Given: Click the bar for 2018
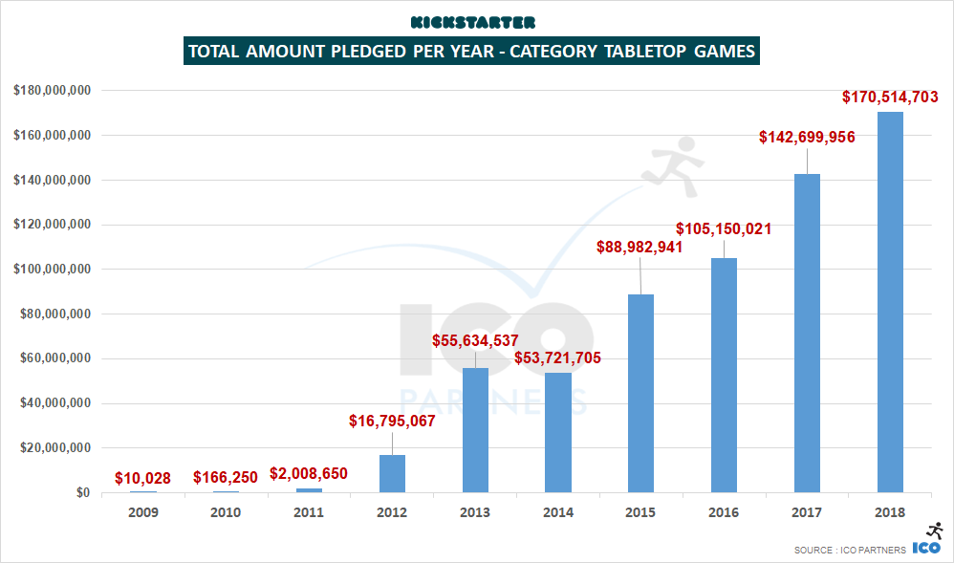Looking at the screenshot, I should tap(889, 302).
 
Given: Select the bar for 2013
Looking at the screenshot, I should tap(475, 430).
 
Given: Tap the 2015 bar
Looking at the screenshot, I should tap(640, 393).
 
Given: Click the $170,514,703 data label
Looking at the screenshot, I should tap(890, 97).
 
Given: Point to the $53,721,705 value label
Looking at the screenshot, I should tap(557, 358).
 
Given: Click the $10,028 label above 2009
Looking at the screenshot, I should tap(143, 477).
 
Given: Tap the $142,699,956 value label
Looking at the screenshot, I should tap(807, 137).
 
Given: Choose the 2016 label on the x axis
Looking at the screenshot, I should tap(724, 512).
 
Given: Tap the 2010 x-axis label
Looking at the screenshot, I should tap(227, 512).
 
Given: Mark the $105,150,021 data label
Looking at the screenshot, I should tap(724, 229).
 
